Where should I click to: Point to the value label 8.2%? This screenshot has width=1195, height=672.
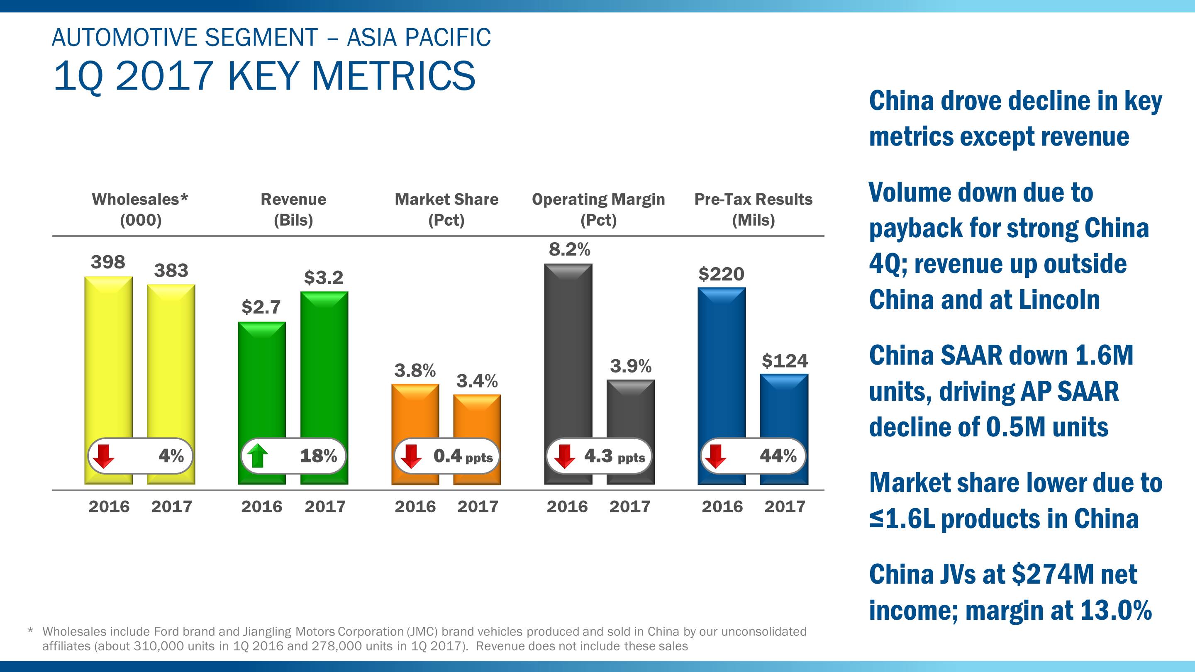[x=569, y=249]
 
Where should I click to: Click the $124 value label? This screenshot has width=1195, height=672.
[x=785, y=360]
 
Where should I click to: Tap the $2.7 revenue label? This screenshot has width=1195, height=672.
[x=261, y=307]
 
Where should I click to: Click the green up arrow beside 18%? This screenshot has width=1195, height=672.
[x=257, y=455]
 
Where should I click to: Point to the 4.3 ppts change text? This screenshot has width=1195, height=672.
[x=614, y=456]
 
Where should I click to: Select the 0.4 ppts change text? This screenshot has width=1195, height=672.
[x=463, y=456]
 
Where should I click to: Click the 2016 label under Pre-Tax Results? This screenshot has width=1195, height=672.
[x=722, y=506]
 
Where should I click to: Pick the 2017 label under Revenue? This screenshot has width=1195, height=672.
[x=325, y=506]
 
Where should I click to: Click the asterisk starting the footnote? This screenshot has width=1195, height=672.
[x=31, y=631]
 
